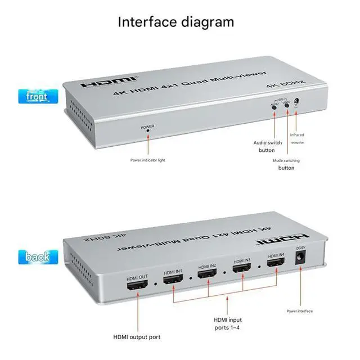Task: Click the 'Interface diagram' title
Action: (175, 22)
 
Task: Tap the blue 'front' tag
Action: (38, 97)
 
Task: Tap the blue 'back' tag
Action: (38, 257)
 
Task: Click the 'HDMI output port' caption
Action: (137, 337)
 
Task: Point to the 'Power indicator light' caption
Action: (148, 160)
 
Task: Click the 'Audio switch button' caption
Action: (267, 146)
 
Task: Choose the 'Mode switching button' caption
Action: (286, 164)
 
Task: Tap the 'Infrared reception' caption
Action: (297, 138)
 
